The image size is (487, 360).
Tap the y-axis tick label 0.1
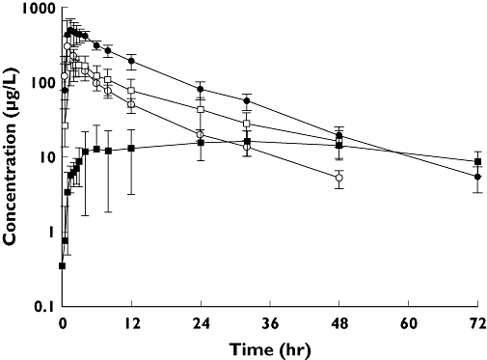[42, 307]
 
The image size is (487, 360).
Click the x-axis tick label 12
[131, 321]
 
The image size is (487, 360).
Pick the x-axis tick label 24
[201, 321]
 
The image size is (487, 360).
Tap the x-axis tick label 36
[270, 321]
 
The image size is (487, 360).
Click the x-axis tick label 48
[339, 321]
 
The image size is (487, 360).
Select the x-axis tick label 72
[477, 321]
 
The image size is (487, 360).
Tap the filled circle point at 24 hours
[201, 89]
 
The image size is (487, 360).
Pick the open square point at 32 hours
[247, 124]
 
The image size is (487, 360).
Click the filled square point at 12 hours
[131, 148]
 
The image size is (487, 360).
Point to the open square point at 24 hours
[201, 110]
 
